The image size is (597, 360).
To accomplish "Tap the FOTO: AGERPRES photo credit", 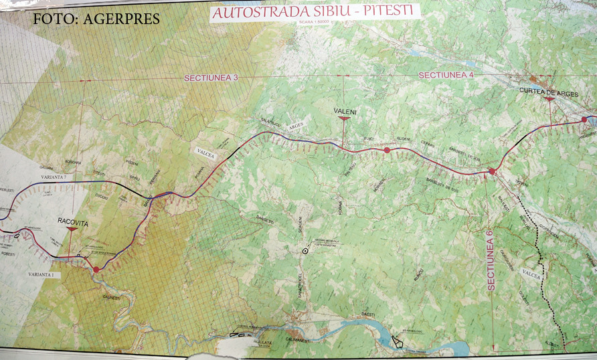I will [x=96, y=19].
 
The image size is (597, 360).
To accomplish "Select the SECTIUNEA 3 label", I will [x=211, y=78].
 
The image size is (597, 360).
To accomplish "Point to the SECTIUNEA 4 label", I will [x=446, y=75].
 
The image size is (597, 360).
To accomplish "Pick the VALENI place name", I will [x=344, y=110].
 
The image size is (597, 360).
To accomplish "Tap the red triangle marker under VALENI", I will [x=344, y=118].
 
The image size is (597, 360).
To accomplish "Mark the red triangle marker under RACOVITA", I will [x=72, y=229].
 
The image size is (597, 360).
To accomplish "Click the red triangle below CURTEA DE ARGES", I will [x=549, y=99].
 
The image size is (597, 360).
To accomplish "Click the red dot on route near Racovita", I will [x=96, y=270].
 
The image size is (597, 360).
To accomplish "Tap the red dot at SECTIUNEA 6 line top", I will [x=492, y=172].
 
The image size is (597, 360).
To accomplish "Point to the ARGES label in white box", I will [x=295, y=126].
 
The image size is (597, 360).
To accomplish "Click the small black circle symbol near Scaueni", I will [x=305, y=251].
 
